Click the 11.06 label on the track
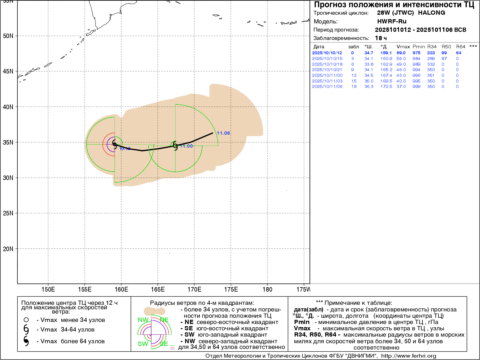pos(223,133)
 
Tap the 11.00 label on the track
pos(186,146)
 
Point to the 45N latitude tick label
pos(8,71)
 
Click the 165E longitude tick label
pos(158,289)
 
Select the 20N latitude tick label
pos(8,249)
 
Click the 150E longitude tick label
pos(48,289)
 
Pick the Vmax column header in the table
pos(403,47)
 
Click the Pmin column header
pos(418,47)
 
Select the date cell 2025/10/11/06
pos(327,86)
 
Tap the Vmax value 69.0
pos(401,53)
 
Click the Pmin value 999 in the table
pos(416,86)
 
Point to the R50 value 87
pos(444,58)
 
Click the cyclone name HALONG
pos(431,13)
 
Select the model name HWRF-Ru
pos(391,21)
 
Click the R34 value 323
pos(431,53)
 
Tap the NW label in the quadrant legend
pos(143,320)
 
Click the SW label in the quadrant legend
pos(143,344)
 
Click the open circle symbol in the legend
pos(26,320)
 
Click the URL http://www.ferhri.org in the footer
pos(409,356)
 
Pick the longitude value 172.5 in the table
pos(386,86)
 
